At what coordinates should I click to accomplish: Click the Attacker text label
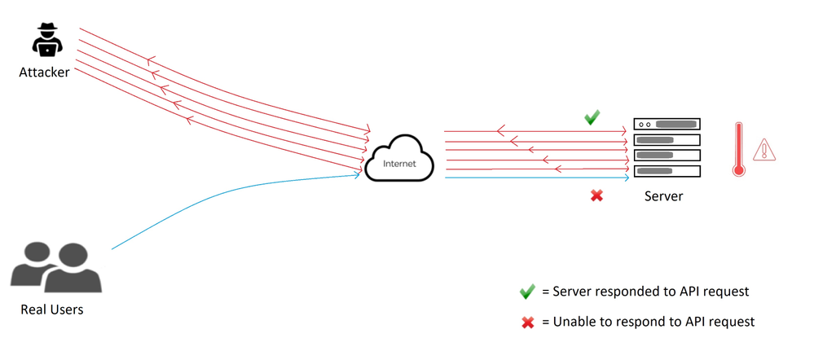44,73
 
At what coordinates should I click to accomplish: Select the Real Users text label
52,310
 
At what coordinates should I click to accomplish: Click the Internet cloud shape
399,161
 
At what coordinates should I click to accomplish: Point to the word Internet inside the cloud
400,164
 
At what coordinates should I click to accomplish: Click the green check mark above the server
592,118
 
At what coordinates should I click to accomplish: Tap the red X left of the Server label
596,195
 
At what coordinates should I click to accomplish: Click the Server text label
663,196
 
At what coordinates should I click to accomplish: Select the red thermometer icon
738,148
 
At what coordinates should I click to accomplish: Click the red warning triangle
764,150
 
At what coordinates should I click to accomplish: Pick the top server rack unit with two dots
667,125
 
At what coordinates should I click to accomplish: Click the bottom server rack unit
667,171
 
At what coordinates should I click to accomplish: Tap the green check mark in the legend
527,292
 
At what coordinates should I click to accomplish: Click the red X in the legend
527,322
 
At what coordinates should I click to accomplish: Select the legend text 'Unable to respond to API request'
653,322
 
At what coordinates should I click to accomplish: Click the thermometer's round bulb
738,170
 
